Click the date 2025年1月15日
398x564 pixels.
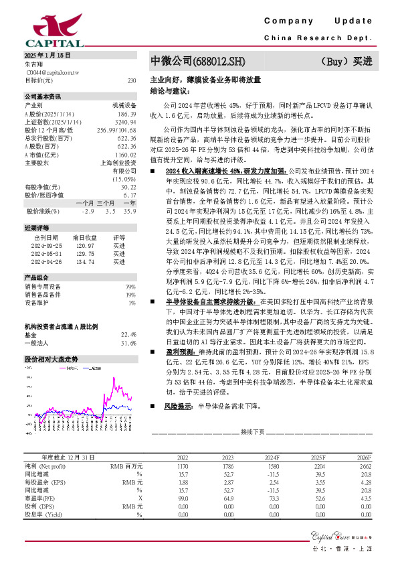click(x=47, y=54)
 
